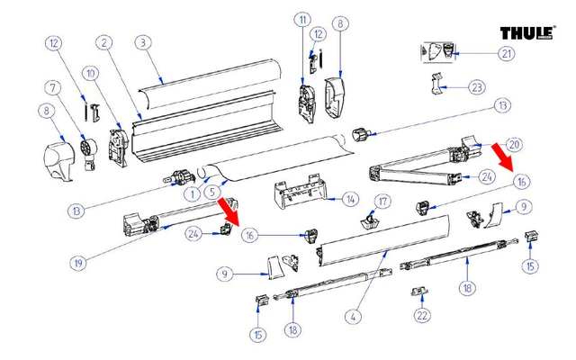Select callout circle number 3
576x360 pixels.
pyautogui.click(x=142, y=42)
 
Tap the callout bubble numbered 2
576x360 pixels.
pyautogui.click(x=105, y=42)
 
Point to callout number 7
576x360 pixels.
pyautogui.click(x=54, y=87)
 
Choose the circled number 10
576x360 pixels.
pyautogui.click(x=89, y=72)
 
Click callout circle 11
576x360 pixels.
pyautogui.click(x=301, y=19)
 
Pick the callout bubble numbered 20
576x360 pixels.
pyautogui.click(x=514, y=144)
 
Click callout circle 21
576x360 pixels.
pyautogui.click(x=508, y=54)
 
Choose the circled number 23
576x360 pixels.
pyautogui.click(x=477, y=87)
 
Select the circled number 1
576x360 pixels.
pyautogui.click(x=191, y=193)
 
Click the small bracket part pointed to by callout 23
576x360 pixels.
pyautogui.click(x=438, y=85)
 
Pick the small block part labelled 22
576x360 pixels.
pyautogui.click(x=418, y=292)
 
